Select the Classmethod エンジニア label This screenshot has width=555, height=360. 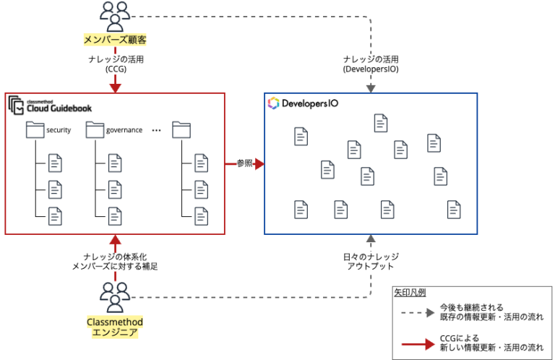coord(115,327)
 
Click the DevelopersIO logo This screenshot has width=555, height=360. coord(302,103)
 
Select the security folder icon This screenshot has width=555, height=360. coord(35,130)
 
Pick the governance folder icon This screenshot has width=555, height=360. coord(95,130)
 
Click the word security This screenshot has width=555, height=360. coord(59,131)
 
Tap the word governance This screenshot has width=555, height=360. coord(124,131)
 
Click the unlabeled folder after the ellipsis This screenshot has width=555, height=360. coord(181,130)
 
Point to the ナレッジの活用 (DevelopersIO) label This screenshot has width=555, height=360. coord(370,64)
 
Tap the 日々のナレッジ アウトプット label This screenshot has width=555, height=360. coord(370,261)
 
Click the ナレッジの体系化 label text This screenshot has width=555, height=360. coord(115,256)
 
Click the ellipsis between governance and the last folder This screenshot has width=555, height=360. coord(156,131)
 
